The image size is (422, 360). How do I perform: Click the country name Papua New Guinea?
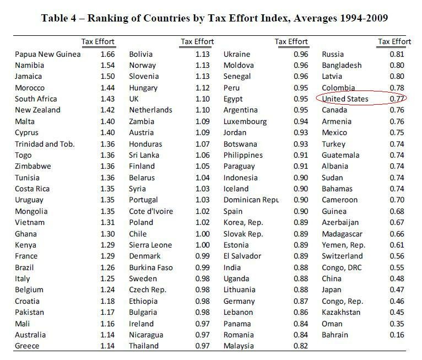pyautogui.click(x=48, y=54)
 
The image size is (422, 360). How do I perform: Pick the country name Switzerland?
pyautogui.click(x=342, y=256)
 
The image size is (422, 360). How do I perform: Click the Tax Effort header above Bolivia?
pyautogui.click(x=197, y=42)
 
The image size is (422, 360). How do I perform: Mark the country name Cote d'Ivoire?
pyautogui.click(x=151, y=211)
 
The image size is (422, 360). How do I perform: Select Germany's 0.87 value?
pyautogui.click(x=302, y=301)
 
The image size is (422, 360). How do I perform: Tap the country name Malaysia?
pyautogui.click(x=239, y=346)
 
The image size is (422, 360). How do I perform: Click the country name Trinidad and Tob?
pyautogui.click(x=45, y=144)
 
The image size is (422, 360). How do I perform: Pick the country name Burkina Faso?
pyautogui.click(x=150, y=267)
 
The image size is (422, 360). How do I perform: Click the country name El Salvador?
pyautogui.click(x=242, y=256)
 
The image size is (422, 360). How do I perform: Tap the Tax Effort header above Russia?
pyautogui.click(x=394, y=42)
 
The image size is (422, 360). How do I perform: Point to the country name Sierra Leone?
pyautogui.click(x=150, y=245)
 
